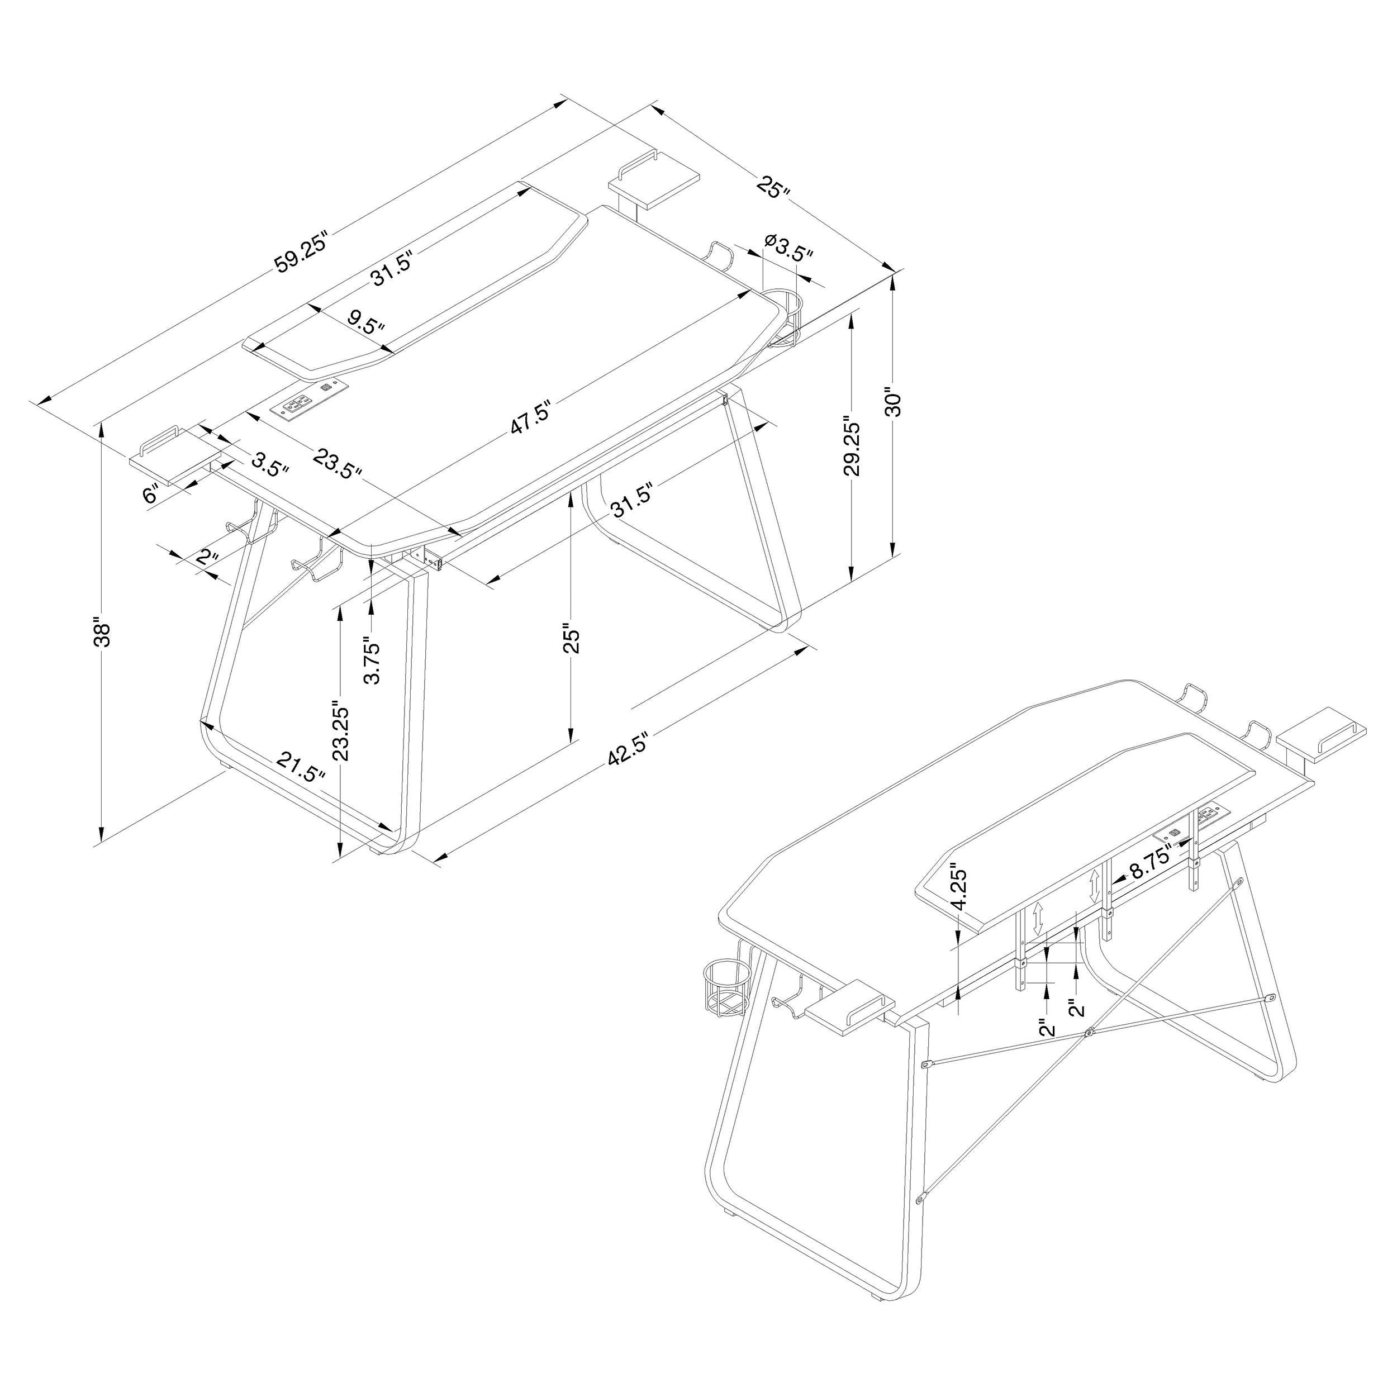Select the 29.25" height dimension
pyautogui.click(x=853, y=448)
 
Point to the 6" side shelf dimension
pyautogui.click(x=150, y=495)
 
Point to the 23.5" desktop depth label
pyautogui.click(x=337, y=463)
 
